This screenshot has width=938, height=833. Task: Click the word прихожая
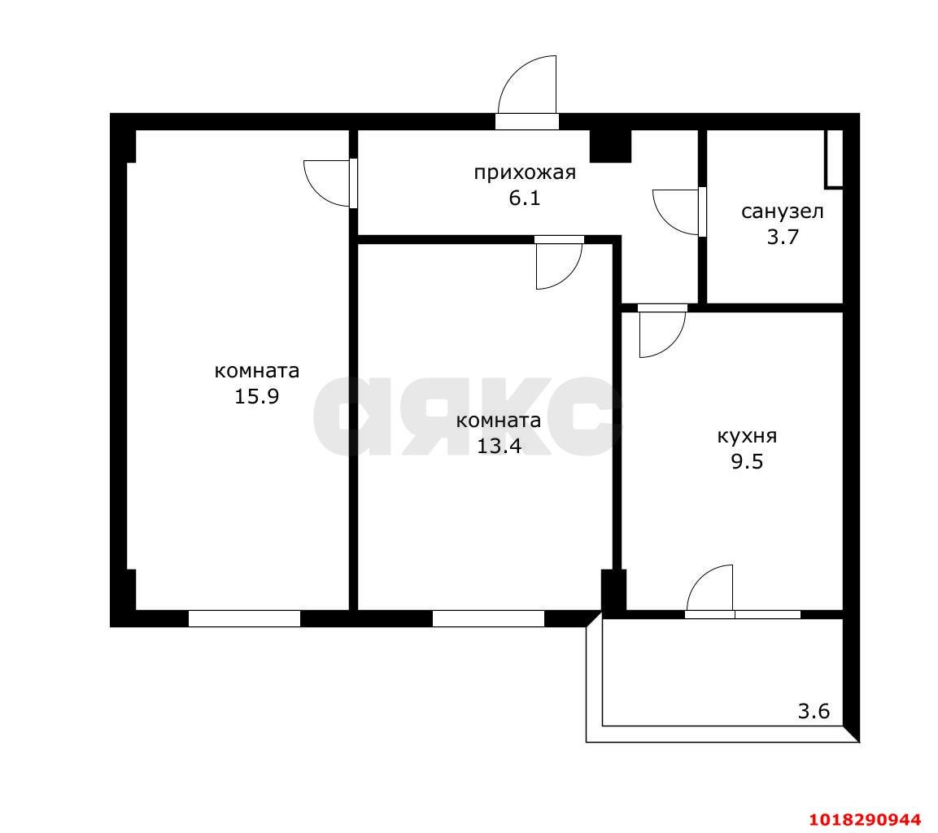coord(525,172)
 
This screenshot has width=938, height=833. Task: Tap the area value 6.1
coord(525,198)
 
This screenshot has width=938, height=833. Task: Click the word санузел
coord(783,212)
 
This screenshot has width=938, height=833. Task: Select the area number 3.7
coord(783,238)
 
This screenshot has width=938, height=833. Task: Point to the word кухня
coord(747,436)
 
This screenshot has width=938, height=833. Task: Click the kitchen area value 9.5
coord(747,462)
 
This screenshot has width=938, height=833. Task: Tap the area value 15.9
coord(256,396)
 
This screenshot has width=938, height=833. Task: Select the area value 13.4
coord(499,446)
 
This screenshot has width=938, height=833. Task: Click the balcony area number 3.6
coord(814,712)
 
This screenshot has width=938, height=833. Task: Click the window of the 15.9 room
coord(244,618)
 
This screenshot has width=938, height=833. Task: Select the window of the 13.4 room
coord(488,618)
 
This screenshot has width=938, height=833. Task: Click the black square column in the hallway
coord(610,146)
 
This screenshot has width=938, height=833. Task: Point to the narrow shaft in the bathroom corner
coord(834,159)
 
